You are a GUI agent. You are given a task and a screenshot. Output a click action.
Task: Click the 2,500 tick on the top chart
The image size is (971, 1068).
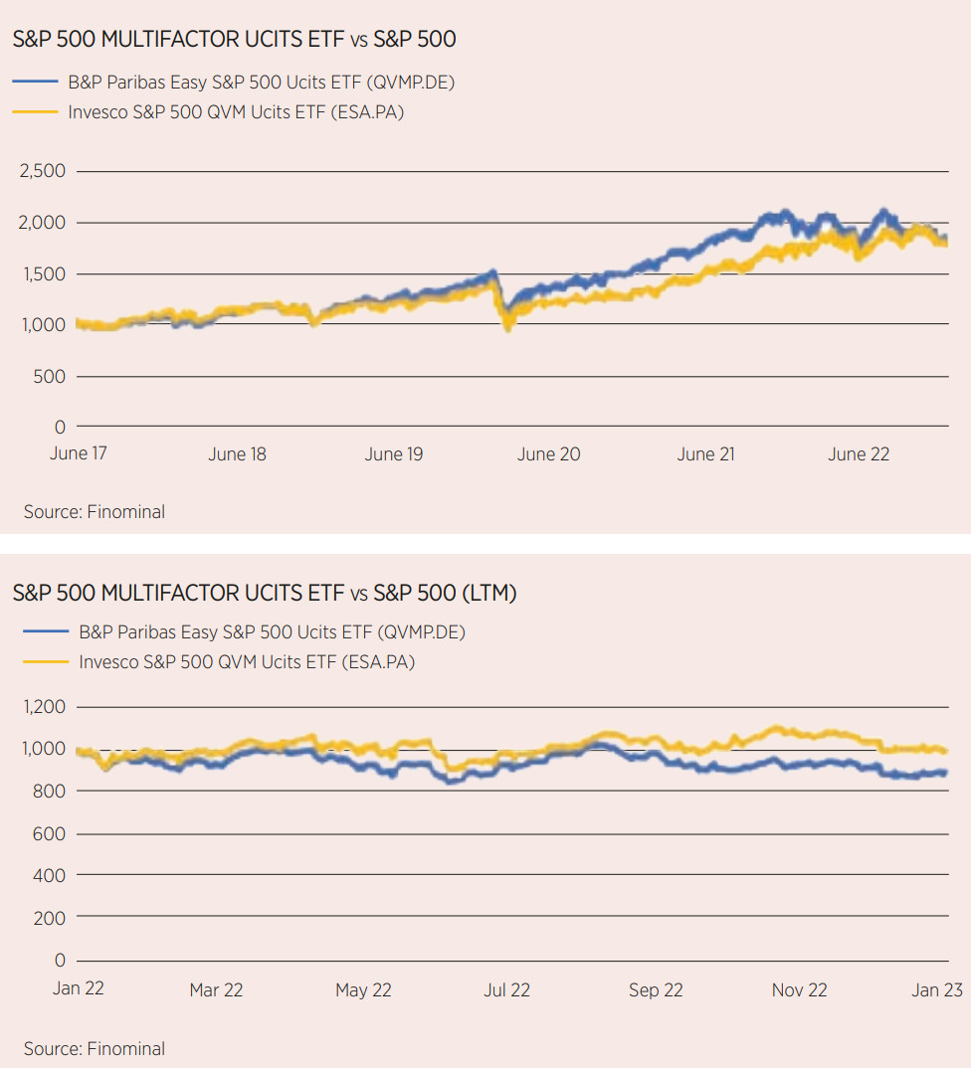43,171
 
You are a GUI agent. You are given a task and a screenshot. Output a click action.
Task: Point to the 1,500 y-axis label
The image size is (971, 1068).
43,273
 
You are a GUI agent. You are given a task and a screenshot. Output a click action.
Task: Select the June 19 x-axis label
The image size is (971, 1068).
393,454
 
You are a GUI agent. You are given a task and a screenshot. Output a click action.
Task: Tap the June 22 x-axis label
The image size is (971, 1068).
860,454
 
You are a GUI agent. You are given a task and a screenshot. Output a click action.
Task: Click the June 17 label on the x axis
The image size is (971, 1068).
78,453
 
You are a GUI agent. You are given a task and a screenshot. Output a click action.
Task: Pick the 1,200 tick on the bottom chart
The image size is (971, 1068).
43,707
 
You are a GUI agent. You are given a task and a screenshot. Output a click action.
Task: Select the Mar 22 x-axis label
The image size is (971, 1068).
216,989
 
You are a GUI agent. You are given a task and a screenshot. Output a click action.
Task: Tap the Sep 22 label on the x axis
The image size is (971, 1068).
656,989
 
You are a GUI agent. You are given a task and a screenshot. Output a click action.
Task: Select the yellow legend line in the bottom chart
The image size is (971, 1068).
44,661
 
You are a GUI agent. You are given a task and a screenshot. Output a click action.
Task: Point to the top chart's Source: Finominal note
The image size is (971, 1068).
95,512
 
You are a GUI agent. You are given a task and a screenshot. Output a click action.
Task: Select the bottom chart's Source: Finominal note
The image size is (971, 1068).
95,1048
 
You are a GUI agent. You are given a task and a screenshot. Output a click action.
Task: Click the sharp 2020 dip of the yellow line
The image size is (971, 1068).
508,325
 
